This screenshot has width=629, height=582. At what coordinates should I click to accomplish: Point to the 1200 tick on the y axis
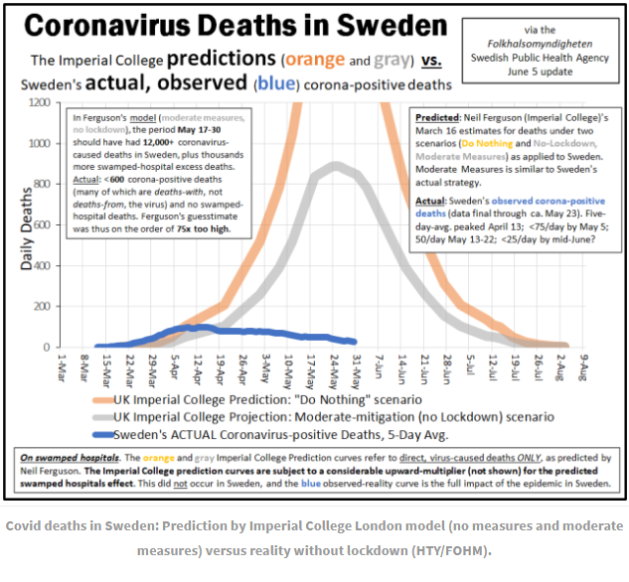point(40,102)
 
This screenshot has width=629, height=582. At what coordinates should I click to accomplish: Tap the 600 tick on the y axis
point(44,224)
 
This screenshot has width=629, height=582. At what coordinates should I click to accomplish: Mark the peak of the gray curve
point(337,165)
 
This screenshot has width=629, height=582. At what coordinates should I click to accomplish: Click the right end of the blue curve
point(353,342)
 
